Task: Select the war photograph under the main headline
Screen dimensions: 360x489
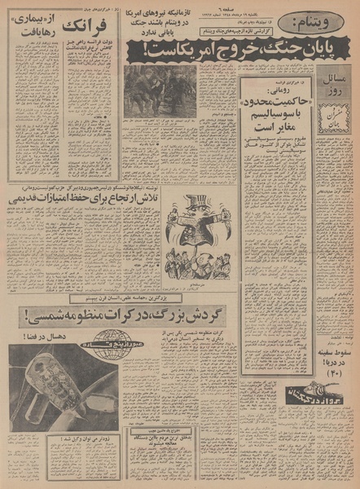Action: coord(160,90)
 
